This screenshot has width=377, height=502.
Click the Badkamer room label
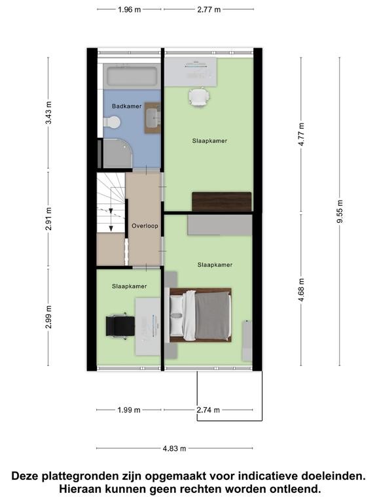coord(126,107)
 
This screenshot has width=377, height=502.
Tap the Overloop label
coord(145,226)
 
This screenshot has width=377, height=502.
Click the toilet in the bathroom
coord(112,122)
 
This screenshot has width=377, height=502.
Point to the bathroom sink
coord(153,118)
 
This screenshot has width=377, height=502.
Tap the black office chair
coord(120,326)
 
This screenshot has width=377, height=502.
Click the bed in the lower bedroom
coord(200,315)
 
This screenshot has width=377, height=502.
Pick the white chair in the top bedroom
coord(199,97)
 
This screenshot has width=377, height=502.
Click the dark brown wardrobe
coord(221,202)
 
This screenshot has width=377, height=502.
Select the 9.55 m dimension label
coord(340,211)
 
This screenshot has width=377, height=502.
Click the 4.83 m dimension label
coord(174,448)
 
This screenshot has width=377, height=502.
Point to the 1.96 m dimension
coord(129,10)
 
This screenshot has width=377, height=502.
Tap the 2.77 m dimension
coord(209,10)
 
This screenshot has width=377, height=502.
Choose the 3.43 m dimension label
coord(48,112)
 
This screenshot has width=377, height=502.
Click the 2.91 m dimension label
coord(48,219)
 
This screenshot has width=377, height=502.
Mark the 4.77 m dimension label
coord(301,135)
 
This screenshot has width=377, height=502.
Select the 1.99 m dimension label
coord(129,410)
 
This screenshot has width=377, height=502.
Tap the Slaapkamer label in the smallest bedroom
coord(129,286)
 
